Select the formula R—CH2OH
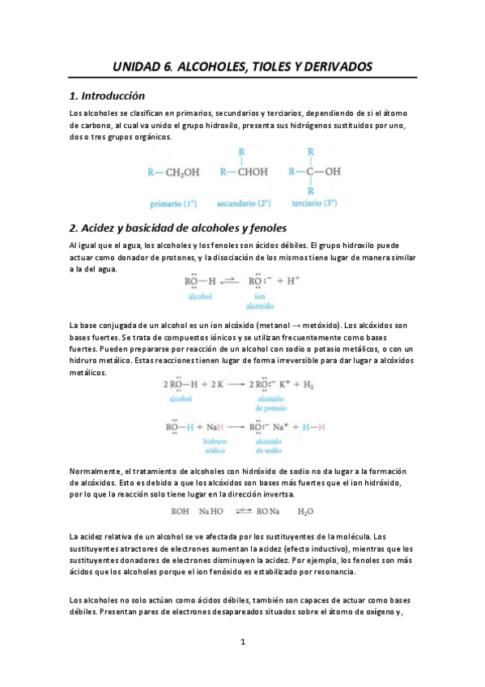[172, 172]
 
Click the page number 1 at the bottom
[242, 642]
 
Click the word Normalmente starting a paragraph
[95, 472]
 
